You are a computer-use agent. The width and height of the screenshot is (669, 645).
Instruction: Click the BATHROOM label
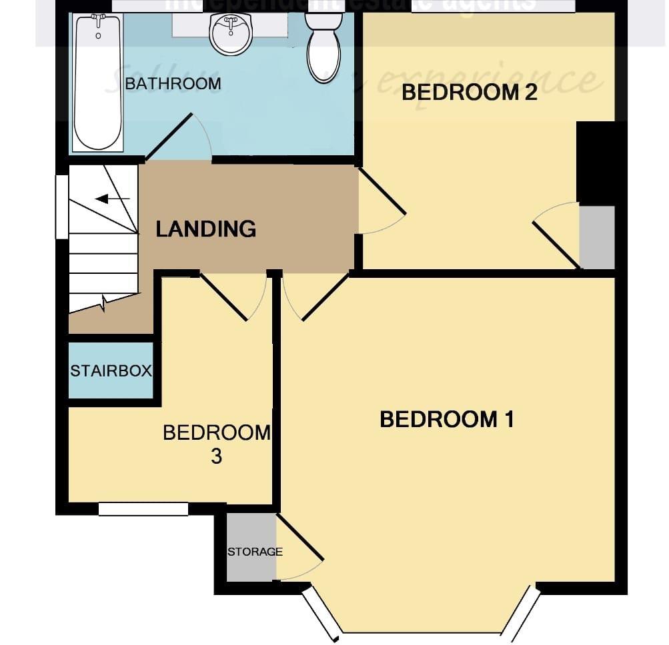coord(173,84)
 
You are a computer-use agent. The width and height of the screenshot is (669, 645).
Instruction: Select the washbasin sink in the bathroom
coord(231,34)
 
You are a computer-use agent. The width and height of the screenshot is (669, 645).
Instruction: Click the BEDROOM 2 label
coord(469,93)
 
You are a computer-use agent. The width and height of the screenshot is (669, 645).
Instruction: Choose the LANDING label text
coord(206,229)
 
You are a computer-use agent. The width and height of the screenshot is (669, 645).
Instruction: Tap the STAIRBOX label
coord(111,371)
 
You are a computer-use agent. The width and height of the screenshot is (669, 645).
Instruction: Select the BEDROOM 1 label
coord(446,420)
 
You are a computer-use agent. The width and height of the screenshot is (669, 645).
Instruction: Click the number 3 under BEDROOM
coord(216,457)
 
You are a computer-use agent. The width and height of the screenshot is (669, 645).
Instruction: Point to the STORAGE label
coord(255,552)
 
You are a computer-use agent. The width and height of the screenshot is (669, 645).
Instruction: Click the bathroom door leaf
coord(168,138)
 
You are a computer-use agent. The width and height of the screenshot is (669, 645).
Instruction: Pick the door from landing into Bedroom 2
coord(382,192)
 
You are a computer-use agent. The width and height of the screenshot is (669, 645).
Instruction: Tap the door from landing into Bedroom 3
coord(225,297)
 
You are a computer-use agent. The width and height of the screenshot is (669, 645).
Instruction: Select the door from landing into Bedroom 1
coord(325,296)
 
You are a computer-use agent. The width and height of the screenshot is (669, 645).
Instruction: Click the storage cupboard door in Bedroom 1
coord(300,537)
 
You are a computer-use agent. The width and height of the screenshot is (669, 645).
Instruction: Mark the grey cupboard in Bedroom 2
coord(597,237)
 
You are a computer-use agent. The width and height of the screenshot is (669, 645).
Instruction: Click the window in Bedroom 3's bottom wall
coord(143,509)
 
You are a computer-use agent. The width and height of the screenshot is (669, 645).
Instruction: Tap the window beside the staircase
coord(61,207)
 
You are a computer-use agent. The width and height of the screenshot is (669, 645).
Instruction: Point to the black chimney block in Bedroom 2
coord(595,163)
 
